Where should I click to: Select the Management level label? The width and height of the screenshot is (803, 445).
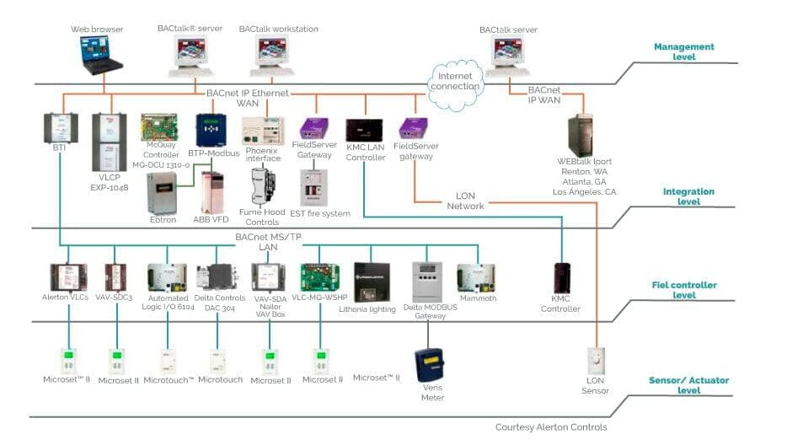[683, 52]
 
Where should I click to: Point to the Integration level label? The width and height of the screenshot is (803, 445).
[688, 196]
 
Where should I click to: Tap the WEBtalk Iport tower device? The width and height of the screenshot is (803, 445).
[582, 136]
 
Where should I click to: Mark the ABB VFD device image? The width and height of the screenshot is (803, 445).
[212, 191]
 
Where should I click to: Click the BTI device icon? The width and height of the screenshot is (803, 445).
[60, 127]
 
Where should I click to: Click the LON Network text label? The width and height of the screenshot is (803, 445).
[465, 201]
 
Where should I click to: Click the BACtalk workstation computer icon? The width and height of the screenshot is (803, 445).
[272, 56]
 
